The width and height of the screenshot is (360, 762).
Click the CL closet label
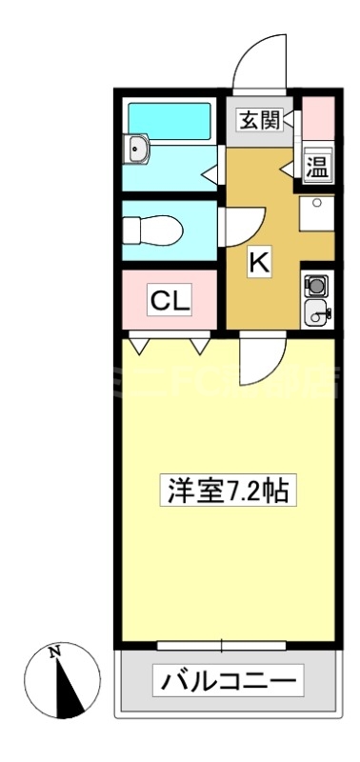(x=170, y=302)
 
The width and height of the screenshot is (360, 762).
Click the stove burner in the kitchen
(x=316, y=285)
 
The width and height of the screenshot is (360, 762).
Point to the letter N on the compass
(x=54, y=653)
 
